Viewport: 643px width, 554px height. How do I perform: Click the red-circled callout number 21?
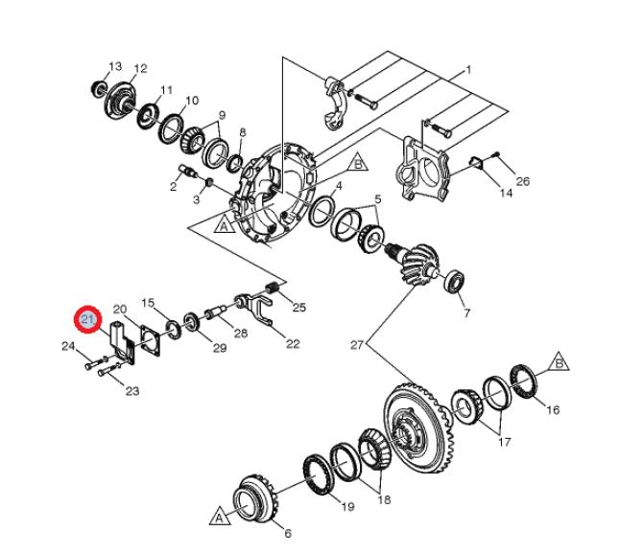(x=88, y=319)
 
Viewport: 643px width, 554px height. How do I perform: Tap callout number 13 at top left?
(x=115, y=66)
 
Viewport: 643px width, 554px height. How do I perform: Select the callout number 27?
(x=357, y=345)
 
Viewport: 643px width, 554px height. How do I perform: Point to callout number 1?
(x=468, y=70)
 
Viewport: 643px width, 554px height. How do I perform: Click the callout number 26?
(x=522, y=181)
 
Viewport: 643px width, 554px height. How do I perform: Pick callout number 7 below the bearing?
(x=466, y=313)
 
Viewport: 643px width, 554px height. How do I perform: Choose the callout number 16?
(x=553, y=409)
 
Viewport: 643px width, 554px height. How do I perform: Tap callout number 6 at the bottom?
(x=288, y=533)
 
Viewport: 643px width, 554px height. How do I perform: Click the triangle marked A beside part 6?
(x=220, y=517)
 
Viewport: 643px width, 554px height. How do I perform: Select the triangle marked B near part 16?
(x=559, y=362)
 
